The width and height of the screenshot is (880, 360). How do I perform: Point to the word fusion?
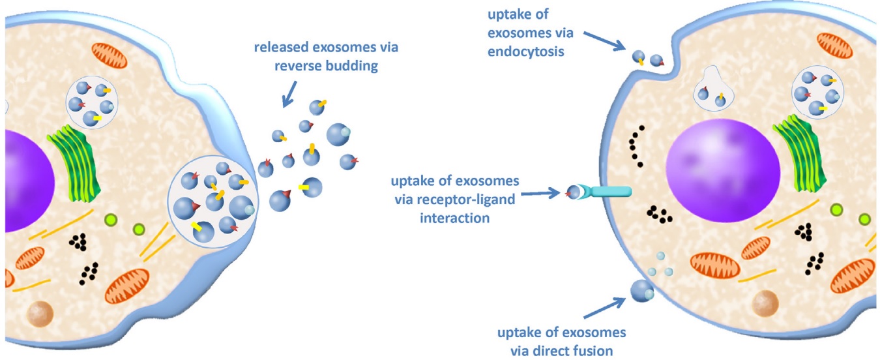592,351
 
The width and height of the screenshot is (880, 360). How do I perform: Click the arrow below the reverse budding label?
288,91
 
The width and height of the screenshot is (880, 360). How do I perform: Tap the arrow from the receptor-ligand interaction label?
542,192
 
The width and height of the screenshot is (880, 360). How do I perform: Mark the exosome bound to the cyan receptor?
573,192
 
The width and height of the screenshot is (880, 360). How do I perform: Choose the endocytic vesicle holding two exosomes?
712,92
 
